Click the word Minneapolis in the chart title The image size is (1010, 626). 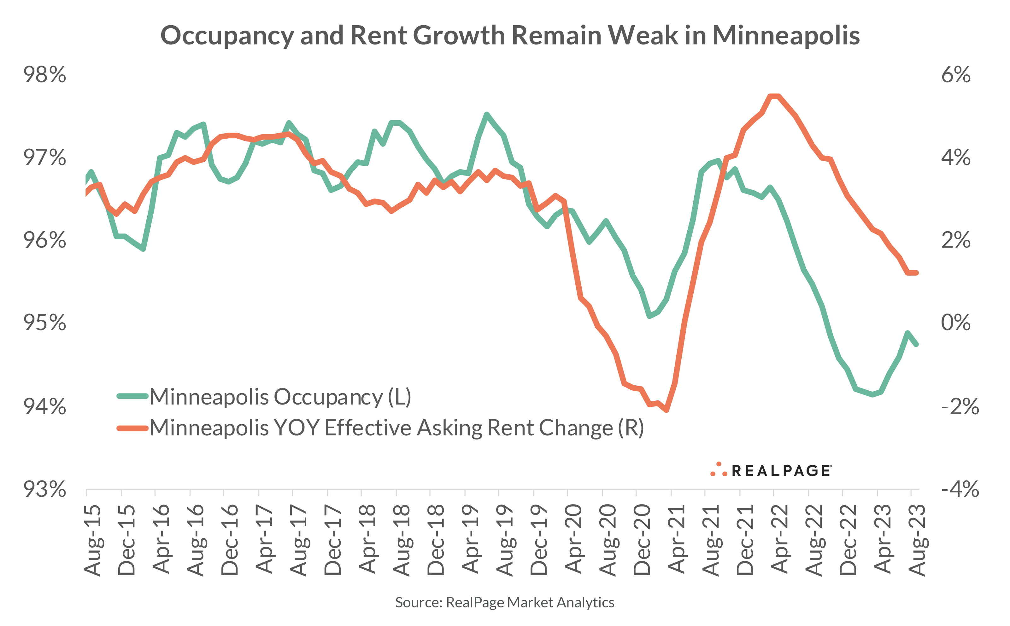tap(786, 36)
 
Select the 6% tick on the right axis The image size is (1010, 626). tap(955, 75)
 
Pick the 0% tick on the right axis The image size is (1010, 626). tap(955, 323)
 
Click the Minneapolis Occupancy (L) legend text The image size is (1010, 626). tap(280, 397)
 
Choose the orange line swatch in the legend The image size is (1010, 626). tap(132, 428)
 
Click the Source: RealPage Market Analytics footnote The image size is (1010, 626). tap(504, 602)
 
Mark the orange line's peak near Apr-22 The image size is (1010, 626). tap(774, 96)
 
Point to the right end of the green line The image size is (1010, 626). tap(916, 344)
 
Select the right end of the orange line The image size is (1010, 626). tap(916, 273)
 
